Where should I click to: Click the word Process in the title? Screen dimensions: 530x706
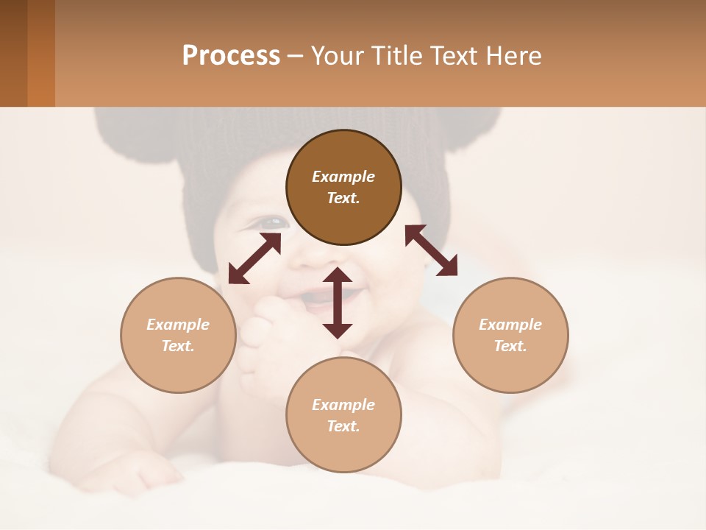[x=231, y=56]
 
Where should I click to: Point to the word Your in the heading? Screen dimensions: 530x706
[x=338, y=56]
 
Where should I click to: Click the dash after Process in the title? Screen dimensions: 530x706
[x=295, y=57]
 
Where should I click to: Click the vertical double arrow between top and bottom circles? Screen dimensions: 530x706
[x=338, y=303]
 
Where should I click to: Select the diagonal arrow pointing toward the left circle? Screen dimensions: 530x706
[x=254, y=258]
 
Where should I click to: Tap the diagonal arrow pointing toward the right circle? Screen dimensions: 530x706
[x=431, y=250]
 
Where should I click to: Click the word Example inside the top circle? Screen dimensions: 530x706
[x=343, y=177]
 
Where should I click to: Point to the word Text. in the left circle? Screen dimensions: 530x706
[x=178, y=346]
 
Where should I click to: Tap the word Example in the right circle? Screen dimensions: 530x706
[x=510, y=325]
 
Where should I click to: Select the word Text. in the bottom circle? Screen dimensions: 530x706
[x=343, y=426]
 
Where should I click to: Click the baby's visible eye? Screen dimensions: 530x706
[x=271, y=222]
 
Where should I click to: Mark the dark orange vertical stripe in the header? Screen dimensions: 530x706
[x=41, y=53]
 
